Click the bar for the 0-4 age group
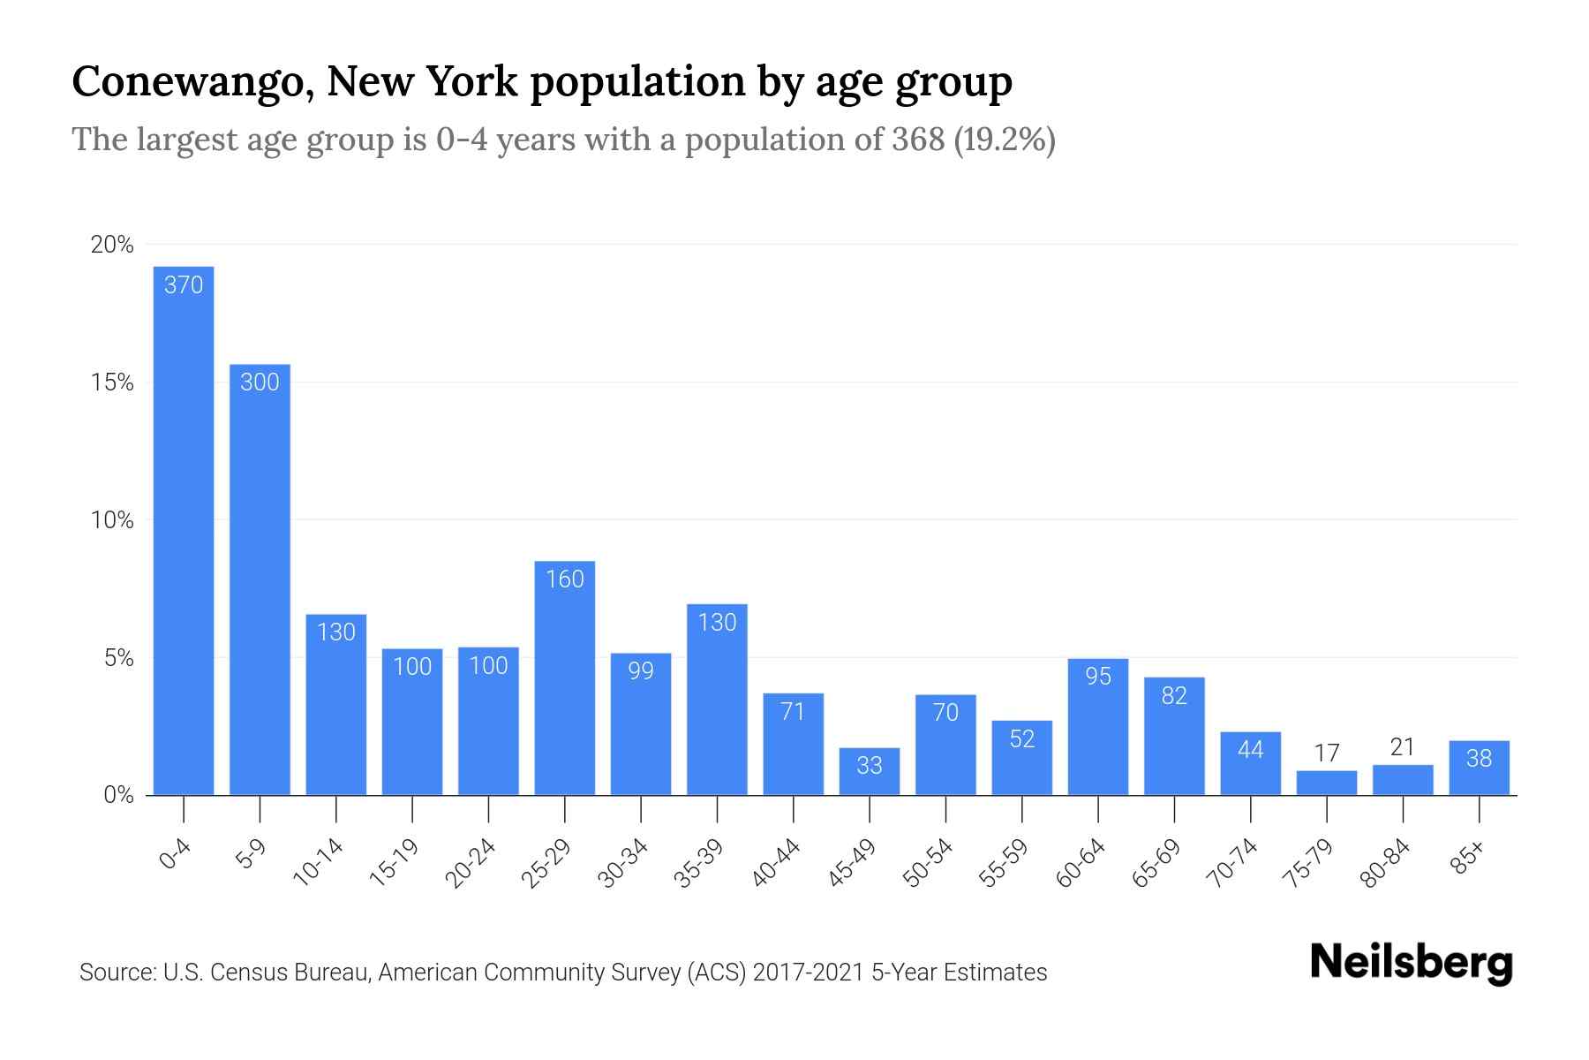pos(184,530)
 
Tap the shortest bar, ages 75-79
pos(1327,784)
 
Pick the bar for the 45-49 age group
pos(870,772)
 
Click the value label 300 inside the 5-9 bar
pos(260,382)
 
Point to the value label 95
pos(1098,676)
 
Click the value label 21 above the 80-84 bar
pos(1403,747)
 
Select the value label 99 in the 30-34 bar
pos(641,670)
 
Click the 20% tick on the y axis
pos(112,245)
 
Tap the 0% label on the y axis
pos(118,795)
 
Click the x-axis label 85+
pos(1468,859)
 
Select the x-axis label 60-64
pos(1081,863)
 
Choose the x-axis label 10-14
pos(319,863)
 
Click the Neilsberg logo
pos(1411,963)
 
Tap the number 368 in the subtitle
pos(918,140)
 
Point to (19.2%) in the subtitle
pos(1005,140)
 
